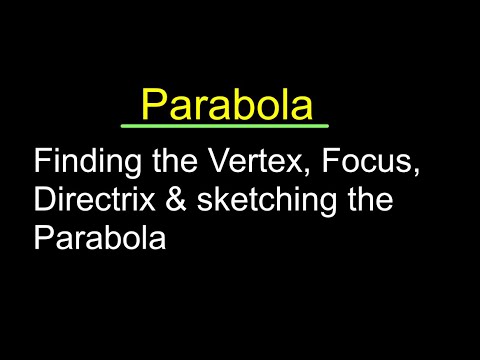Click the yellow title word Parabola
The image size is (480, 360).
(226, 103)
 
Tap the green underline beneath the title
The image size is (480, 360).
(225, 126)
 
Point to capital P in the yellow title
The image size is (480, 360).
(153, 103)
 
